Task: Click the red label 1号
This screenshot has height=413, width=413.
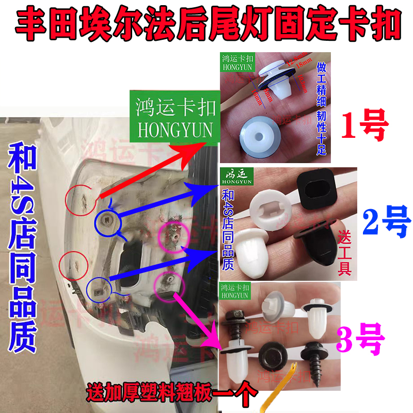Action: pos(365,127)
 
